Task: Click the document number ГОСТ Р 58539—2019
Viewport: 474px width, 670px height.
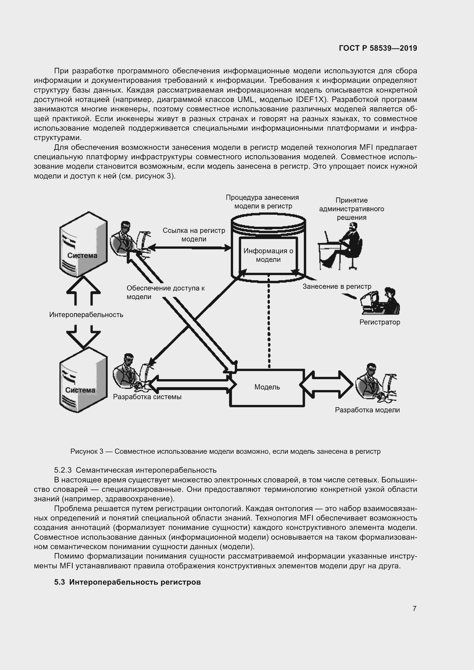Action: (x=378, y=48)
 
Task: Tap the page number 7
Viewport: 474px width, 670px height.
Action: (x=414, y=608)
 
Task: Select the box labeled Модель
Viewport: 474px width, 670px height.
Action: (x=267, y=387)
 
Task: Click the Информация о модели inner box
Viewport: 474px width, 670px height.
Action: (x=268, y=255)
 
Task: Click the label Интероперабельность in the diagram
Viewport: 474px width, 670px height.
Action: (x=86, y=315)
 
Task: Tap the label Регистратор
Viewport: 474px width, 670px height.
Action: (x=379, y=322)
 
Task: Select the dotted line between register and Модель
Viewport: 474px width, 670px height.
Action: (x=269, y=321)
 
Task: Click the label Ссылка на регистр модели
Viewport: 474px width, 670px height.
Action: (x=194, y=235)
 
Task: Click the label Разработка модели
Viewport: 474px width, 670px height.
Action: (x=367, y=410)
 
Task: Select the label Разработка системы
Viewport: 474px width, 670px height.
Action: (x=147, y=397)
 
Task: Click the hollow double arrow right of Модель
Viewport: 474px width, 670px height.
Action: (x=326, y=385)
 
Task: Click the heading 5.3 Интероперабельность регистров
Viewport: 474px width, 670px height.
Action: (x=128, y=582)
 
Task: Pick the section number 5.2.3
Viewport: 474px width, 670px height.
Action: (x=63, y=470)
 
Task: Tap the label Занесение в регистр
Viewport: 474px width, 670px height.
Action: (x=337, y=286)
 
